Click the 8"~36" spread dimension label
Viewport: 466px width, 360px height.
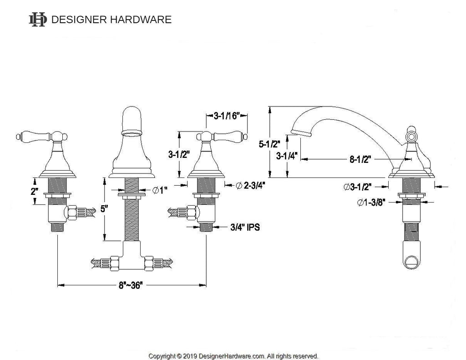(130, 286)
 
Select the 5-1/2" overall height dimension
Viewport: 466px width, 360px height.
(268, 144)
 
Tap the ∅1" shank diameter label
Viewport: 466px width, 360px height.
(158, 189)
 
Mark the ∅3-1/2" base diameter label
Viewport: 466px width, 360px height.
(358, 186)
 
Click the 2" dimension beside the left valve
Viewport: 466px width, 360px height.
(34, 192)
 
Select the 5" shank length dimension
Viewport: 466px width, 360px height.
(104, 209)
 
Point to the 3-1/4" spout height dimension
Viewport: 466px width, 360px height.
(287, 157)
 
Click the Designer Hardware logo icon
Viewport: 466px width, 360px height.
(37, 19)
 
